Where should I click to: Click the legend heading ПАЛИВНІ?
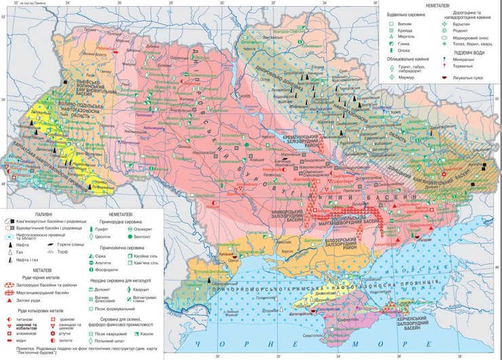pos(39,212)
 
